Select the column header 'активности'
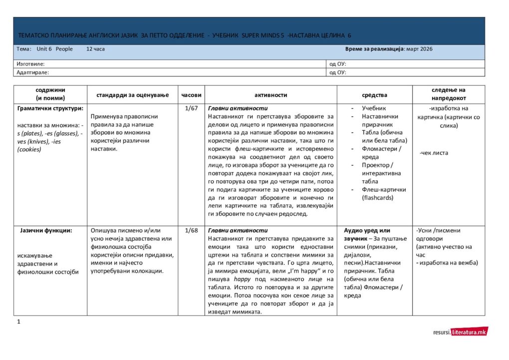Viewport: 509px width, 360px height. pyautogui.click(x=271, y=95)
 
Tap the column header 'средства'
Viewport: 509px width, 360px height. pyautogui.click(x=374, y=95)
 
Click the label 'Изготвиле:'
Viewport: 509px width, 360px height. pyautogui.click(x=30, y=64)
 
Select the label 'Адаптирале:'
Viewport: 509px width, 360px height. pyautogui.click(x=32, y=72)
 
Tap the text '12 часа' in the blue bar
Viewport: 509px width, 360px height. pyautogui.click(x=95, y=49)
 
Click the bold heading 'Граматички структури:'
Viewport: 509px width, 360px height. pyautogui.click(x=50, y=108)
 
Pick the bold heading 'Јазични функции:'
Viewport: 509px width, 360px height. pyautogui.click(x=46, y=231)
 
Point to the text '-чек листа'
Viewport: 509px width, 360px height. pyautogui.click(x=434, y=153)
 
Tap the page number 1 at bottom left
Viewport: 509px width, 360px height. pyautogui.click(x=18, y=322)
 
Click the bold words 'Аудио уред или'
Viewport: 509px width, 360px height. pyautogui.click(x=367, y=231)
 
